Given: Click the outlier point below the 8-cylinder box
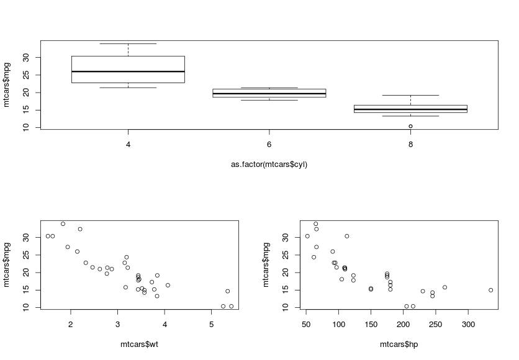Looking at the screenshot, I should coord(410,126).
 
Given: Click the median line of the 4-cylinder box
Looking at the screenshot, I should coord(128,71).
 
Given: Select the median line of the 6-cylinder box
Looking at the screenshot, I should coord(269,94).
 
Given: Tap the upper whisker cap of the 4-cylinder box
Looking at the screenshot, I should coord(128,43).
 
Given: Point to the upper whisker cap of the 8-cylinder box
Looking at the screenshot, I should coord(410,95).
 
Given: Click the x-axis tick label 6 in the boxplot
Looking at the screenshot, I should coord(269,144).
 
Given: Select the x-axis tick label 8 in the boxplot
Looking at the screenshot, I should coord(410,144).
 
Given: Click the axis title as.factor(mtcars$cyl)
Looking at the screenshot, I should coord(269,164).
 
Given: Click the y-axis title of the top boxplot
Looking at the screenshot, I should coord(7,85).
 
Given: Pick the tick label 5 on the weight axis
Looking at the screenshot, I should coord(211,323).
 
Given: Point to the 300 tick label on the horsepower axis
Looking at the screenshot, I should coord(468,323).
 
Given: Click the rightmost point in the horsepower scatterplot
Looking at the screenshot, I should coord(490,290).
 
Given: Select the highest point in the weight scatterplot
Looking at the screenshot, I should coord(63,223).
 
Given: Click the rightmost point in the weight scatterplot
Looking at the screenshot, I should coord(232,306).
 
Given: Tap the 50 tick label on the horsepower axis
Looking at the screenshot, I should coord(306,323).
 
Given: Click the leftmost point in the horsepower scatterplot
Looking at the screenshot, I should coord(307,236).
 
